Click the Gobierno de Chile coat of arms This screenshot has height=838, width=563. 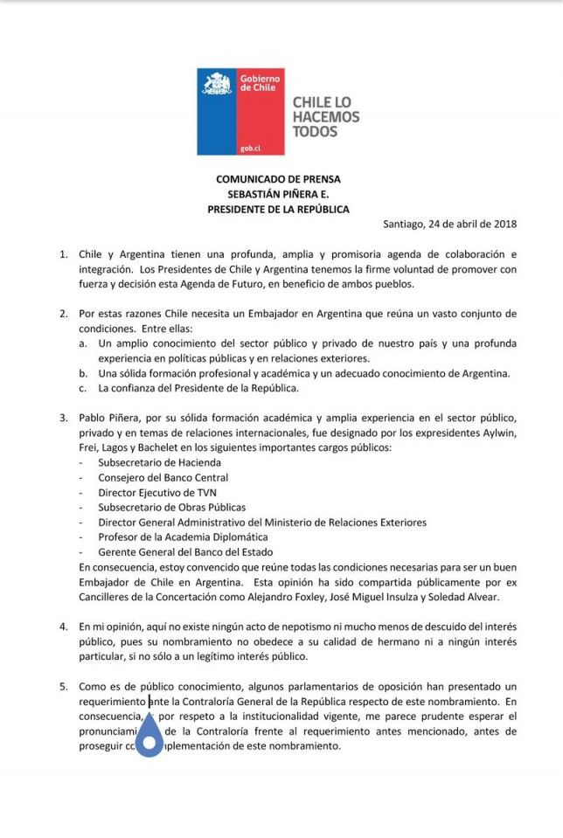(x=217, y=85)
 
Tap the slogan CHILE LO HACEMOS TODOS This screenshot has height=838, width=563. (x=325, y=117)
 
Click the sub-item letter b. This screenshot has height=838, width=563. (x=81, y=373)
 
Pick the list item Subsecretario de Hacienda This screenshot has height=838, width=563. (x=147, y=462)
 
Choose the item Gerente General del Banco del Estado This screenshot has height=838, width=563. (x=185, y=551)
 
